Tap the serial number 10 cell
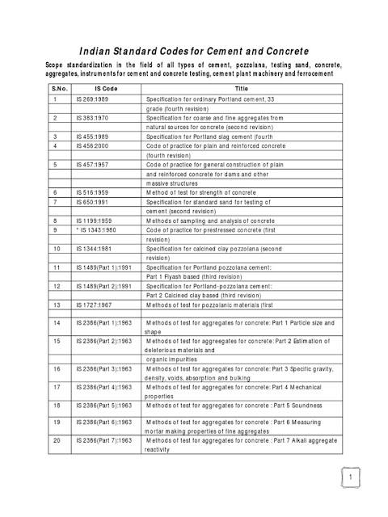56,249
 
